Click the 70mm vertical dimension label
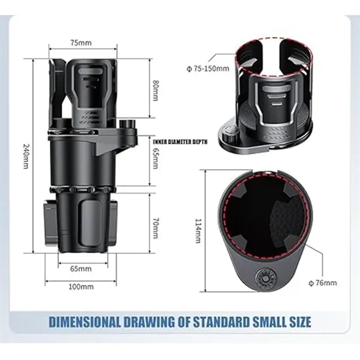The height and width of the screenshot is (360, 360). coord(155,225)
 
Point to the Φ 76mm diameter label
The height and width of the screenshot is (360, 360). coord(322,283)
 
